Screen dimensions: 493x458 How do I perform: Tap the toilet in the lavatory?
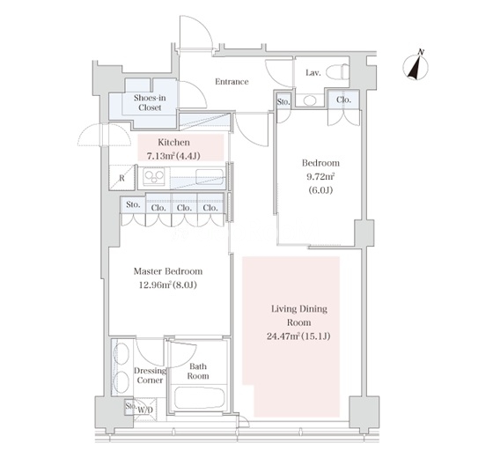tap(337, 71)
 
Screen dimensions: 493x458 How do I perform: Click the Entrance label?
tap(232, 82)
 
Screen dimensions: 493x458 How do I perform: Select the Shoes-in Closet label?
tap(150, 102)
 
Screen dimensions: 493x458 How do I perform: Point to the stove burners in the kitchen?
tap(154, 176)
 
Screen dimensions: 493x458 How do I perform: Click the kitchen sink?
tap(210, 176)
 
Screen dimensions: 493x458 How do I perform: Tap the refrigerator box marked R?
tap(122, 178)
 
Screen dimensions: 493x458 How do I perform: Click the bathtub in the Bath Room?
tap(199, 398)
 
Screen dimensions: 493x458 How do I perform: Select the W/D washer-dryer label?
tap(145, 410)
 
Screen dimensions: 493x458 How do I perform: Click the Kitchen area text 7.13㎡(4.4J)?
tap(173, 156)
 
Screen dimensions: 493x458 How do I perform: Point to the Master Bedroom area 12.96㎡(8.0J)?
tap(168, 285)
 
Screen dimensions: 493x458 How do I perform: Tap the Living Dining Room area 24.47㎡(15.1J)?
tap(298, 336)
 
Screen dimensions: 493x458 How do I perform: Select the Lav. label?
tap(313, 73)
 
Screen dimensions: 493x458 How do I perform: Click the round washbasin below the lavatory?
tap(310, 100)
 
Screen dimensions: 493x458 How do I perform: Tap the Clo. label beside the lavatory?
tap(343, 100)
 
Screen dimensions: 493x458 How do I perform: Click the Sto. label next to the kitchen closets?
tap(133, 204)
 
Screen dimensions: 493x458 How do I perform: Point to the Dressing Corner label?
tap(150, 375)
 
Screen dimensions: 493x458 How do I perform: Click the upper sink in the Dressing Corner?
tap(121, 353)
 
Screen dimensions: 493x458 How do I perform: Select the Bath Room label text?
tap(198, 371)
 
